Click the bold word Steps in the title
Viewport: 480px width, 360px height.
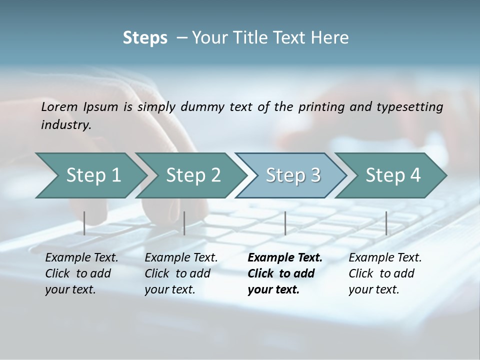(145, 38)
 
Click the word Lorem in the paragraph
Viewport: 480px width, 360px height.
(59, 106)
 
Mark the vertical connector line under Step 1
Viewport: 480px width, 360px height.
(84, 223)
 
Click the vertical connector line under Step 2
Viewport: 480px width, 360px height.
(184, 223)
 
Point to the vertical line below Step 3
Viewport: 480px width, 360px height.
(285, 223)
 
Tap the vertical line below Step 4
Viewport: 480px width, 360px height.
(386, 223)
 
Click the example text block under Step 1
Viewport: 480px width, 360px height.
(81, 273)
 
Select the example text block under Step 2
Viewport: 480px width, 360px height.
(181, 273)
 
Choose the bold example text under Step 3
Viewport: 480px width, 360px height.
(285, 273)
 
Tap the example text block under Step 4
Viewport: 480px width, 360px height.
(385, 273)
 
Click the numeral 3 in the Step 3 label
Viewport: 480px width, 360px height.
(314, 175)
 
